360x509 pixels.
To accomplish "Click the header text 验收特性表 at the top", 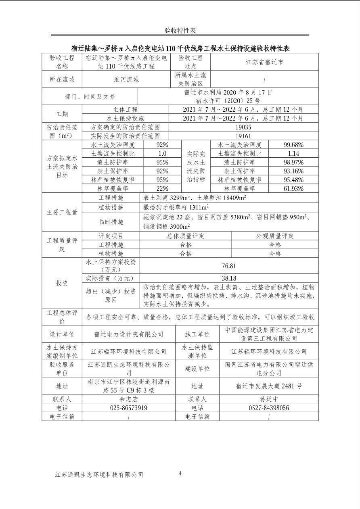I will (180, 31).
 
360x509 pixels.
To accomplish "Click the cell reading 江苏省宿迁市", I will (264, 62).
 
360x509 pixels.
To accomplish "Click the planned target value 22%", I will (162, 188).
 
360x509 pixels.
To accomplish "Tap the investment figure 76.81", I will (229, 266).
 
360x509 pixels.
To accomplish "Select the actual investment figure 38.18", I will (229, 278).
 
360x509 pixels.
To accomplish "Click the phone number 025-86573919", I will (128, 408).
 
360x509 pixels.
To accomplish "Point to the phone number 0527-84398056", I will (269, 408).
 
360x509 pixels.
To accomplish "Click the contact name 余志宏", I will (128, 399).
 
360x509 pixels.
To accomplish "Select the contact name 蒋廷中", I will (269, 399).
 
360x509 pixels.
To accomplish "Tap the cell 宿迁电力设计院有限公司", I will (128, 334).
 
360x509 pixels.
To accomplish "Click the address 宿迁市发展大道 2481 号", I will (269, 386).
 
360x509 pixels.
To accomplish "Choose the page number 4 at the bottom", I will (180, 474).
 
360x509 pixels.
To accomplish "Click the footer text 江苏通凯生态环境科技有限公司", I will (99, 475).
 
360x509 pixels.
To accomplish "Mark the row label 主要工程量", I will (62, 212).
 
